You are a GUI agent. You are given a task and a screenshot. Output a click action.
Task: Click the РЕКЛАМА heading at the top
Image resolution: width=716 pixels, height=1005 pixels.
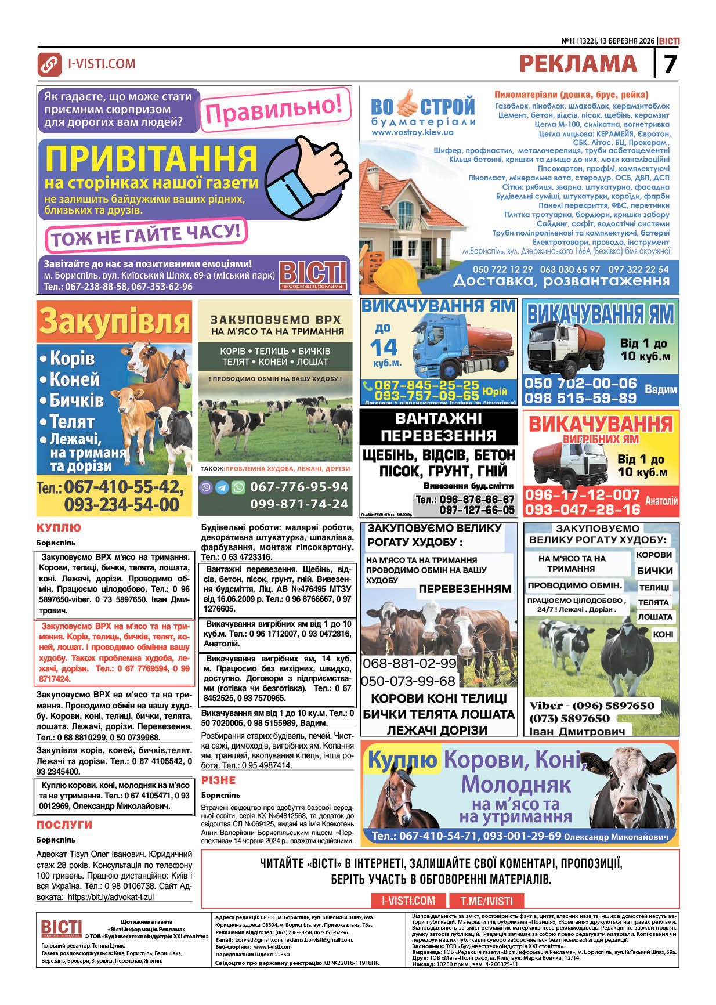click(x=578, y=63)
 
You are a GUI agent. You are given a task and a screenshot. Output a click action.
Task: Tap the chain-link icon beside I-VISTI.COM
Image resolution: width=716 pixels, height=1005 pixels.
click(x=49, y=64)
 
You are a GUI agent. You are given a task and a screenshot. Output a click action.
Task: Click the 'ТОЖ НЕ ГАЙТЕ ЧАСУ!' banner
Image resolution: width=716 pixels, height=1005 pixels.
click(x=145, y=234)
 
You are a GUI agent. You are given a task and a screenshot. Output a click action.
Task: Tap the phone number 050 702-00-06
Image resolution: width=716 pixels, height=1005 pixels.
click(x=580, y=384)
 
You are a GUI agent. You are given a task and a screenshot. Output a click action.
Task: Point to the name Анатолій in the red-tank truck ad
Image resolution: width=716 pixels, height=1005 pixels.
click(x=661, y=500)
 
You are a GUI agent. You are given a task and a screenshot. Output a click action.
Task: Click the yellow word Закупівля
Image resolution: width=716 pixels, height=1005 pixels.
click(x=114, y=321)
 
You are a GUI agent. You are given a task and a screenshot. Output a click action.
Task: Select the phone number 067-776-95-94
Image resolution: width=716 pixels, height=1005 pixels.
click(x=299, y=487)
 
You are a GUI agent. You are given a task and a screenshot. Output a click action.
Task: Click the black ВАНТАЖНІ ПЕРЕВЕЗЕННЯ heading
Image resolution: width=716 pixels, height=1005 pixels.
click(x=438, y=426)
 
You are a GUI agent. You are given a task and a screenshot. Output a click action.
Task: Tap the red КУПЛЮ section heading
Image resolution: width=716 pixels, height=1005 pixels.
click(x=59, y=528)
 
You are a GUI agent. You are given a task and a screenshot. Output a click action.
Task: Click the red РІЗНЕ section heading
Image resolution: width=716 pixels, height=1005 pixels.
click(x=218, y=780)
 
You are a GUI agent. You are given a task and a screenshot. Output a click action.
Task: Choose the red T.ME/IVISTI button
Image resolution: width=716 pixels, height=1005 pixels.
click(x=486, y=901)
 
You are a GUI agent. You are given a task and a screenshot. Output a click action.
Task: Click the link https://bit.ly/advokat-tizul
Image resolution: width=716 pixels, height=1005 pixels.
click(x=111, y=897)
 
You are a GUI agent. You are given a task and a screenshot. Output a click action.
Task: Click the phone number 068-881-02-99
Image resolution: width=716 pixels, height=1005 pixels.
click(x=409, y=663)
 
